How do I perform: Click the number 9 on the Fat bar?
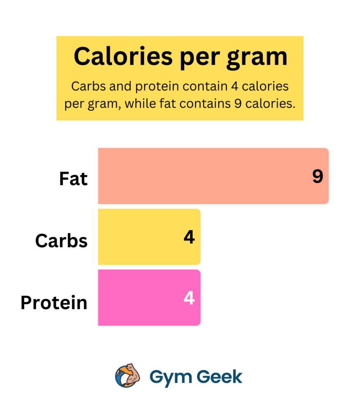317,176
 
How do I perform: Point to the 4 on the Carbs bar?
189,237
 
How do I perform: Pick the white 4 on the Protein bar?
189,298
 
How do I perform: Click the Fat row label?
73,179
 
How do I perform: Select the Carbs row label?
62,241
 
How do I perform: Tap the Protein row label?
54,303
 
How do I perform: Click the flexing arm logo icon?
128,375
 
